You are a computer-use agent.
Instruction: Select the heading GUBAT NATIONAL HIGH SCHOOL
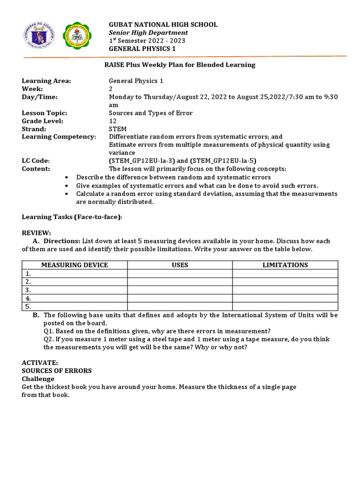(x=163, y=24)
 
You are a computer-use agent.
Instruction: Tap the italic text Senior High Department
(x=148, y=33)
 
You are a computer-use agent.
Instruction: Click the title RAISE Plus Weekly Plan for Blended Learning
(x=180, y=65)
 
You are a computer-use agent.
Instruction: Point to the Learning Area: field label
(x=46, y=81)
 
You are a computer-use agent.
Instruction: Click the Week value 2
(x=111, y=89)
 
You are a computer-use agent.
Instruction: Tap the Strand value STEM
(x=118, y=129)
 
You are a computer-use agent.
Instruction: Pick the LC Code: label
(x=36, y=161)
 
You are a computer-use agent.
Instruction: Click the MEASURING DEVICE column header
(x=75, y=265)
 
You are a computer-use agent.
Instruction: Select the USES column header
(x=180, y=265)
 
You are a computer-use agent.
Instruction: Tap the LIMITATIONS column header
(x=285, y=265)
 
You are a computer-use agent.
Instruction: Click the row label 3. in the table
(x=29, y=290)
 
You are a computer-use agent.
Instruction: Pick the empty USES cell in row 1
(x=180, y=273)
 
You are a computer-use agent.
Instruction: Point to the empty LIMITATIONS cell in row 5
(x=285, y=307)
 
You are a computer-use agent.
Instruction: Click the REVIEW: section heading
(x=37, y=233)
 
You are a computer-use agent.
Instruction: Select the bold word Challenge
(x=38, y=379)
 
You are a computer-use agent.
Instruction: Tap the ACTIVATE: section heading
(x=39, y=363)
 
